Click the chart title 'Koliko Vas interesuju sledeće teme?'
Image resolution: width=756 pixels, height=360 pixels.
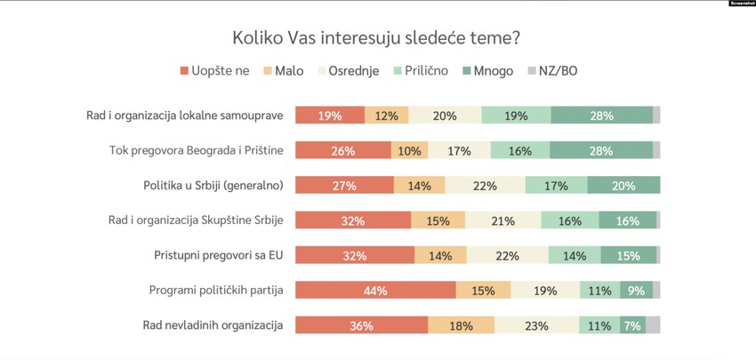pos(377,38)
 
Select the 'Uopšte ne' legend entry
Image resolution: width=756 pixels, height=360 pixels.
pos(214,70)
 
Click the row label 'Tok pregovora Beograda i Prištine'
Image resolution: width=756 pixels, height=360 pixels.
pos(196,150)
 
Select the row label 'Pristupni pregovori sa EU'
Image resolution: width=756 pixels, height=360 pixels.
pos(219,255)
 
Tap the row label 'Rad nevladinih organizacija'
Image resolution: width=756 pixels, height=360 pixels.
pos(213,325)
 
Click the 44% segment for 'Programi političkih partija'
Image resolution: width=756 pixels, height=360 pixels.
pos(374,291)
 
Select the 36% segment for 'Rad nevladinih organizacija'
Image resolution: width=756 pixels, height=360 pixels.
pos(361,325)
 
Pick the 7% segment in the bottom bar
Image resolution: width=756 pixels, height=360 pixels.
pos(632,325)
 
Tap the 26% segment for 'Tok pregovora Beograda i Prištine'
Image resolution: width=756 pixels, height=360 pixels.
pos(342,150)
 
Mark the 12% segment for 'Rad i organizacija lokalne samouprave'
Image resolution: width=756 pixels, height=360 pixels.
pos(386,116)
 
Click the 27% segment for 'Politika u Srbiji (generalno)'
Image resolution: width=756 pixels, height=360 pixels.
pos(344,186)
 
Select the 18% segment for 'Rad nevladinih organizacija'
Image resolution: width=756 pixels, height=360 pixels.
pos(459,325)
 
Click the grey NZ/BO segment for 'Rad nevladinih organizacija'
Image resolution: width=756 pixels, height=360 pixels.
pos(653,325)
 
